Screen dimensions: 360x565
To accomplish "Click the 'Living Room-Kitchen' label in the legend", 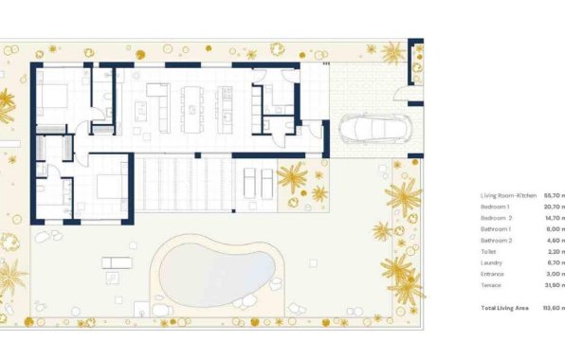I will (x=509, y=196).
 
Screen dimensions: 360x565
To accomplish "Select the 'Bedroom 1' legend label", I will (x=496, y=207).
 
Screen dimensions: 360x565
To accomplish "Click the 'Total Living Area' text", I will (x=503, y=307).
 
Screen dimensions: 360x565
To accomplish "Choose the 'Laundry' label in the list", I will (x=493, y=262).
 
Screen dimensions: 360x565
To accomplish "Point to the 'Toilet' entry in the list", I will (x=489, y=251).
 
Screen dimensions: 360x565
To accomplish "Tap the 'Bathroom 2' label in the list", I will (x=497, y=240).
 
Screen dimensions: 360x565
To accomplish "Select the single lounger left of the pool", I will (x=114, y=261).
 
